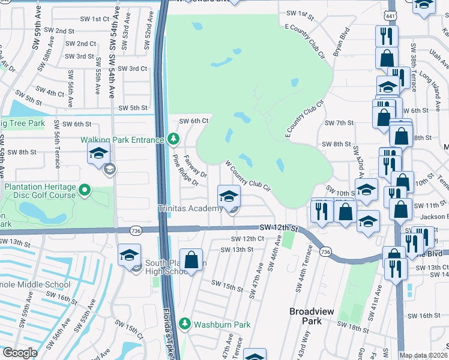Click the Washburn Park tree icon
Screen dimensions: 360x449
185,324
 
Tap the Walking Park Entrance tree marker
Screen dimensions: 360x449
173,140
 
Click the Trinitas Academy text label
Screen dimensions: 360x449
190,209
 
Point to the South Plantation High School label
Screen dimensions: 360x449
175,268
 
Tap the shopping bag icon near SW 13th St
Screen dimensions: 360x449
191,261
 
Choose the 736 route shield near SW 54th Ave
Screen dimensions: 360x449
136,230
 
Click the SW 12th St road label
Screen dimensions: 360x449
279,227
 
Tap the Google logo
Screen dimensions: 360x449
20,353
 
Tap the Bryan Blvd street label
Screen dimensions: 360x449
341,41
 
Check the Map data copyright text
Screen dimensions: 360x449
423,355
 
